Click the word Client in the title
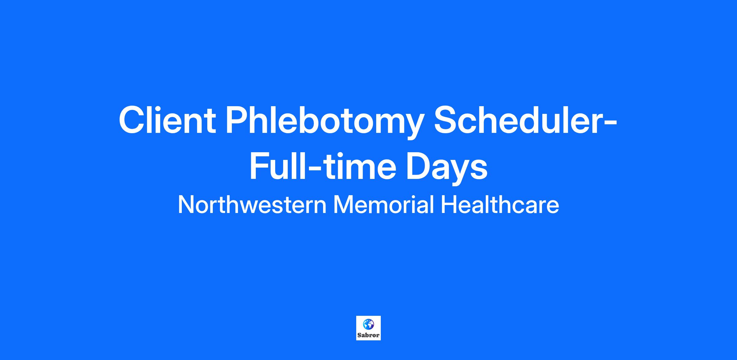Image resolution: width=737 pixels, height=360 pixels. [x=167, y=120]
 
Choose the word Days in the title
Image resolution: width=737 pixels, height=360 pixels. [x=446, y=169]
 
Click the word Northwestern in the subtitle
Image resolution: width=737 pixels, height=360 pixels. [x=252, y=205]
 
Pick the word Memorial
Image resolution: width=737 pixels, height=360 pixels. [x=384, y=205]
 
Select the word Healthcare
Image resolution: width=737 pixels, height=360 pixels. [x=500, y=205]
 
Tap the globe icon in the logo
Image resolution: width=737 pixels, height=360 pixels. [x=368, y=324]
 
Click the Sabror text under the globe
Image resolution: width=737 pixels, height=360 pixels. [x=368, y=335]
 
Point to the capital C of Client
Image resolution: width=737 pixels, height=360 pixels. [x=132, y=120]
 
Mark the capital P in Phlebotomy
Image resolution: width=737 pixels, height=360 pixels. [x=238, y=120]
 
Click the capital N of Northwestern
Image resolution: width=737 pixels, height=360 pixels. [x=186, y=205]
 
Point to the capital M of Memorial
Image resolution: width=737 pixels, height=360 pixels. [x=344, y=205]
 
